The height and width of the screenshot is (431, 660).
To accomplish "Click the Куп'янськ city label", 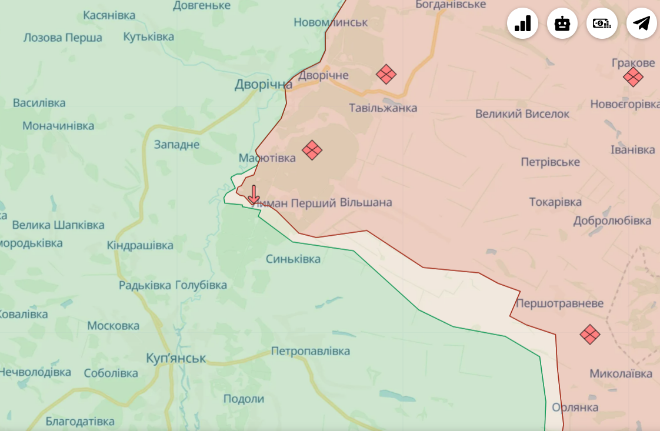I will tap(176, 358).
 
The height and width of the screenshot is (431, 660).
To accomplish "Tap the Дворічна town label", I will tap(263, 85).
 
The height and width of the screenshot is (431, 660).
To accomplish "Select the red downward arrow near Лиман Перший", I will tap(254, 195).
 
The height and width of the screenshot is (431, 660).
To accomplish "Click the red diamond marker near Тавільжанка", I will tap(386, 74).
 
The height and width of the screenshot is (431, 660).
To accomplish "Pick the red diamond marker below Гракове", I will tap(633, 77).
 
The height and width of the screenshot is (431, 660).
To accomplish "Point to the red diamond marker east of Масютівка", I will tap(312, 150).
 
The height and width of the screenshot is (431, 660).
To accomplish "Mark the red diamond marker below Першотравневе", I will tap(589, 334).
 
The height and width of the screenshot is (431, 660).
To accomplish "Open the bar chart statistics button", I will tap(522, 24).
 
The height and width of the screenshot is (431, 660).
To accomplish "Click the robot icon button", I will tap(562, 24).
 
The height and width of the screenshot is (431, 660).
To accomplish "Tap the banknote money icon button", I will tap(601, 24).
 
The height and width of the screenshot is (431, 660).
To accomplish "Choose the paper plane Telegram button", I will tap(641, 24).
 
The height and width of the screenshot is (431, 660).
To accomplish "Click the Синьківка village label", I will tap(293, 259).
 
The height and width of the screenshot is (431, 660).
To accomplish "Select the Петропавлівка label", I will tap(310, 351).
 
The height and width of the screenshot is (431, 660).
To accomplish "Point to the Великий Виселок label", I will tap(522, 114).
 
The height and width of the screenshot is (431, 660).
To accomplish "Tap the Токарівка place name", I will tap(555, 202).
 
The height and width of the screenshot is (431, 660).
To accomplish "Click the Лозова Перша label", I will tap(62, 38).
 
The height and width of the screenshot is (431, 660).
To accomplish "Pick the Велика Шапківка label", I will tap(58, 225).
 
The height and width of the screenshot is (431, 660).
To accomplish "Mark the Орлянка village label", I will tap(575, 407).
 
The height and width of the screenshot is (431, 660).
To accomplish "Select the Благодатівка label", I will tap(79, 422).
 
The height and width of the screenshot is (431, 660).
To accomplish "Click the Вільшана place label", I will tap(366, 203).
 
